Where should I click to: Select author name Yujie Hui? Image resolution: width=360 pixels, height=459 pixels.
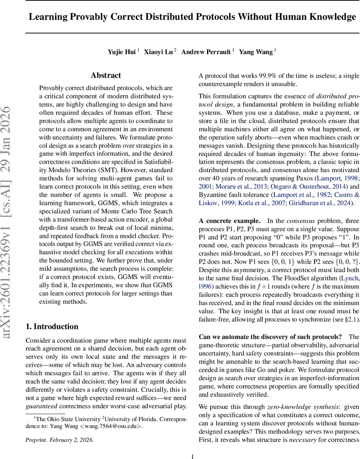(121, 52)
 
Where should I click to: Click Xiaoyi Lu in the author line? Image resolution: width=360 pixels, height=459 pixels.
(158, 52)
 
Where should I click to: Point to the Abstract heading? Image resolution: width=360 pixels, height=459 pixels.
(106, 75)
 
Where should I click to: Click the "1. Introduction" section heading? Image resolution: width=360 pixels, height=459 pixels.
(52, 326)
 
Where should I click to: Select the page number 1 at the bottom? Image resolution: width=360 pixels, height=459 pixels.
(193, 456)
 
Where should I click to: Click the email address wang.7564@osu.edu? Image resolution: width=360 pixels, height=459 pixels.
(119, 426)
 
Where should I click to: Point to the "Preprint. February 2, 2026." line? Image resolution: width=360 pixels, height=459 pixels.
(59, 439)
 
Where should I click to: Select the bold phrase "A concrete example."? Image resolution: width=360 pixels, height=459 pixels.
(230, 221)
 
